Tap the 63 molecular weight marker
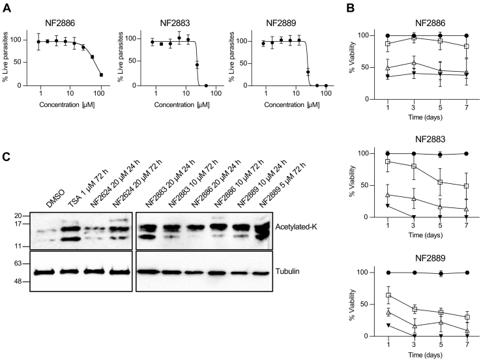coord(18,263)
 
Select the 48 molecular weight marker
coord(18,282)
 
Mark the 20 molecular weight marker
coord(18,216)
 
